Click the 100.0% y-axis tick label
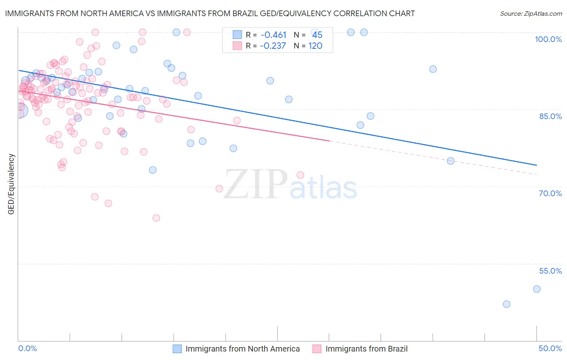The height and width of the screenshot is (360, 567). (548, 39)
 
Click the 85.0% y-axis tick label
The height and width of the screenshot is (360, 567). (550, 116)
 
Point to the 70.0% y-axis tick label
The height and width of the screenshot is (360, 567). (550, 193)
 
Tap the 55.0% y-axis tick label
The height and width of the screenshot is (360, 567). (550, 271)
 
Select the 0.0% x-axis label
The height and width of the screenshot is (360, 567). (27, 348)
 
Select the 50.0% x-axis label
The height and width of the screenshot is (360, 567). (550, 348)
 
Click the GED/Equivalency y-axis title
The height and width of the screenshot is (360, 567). (11, 184)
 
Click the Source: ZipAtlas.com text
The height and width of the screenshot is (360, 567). (531, 14)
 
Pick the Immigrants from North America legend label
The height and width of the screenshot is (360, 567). (242, 349)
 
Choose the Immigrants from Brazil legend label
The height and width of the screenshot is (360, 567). (366, 349)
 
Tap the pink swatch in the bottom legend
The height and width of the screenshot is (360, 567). (317, 349)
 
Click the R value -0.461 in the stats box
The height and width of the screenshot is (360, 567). (273, 35)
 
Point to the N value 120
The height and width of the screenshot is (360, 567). (315, 46)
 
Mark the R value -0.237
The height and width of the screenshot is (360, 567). (273, 46)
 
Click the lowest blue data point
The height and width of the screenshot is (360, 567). (507, 304)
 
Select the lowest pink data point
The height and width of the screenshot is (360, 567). (156, 218)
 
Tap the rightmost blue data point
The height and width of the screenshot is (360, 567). (537, 289)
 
